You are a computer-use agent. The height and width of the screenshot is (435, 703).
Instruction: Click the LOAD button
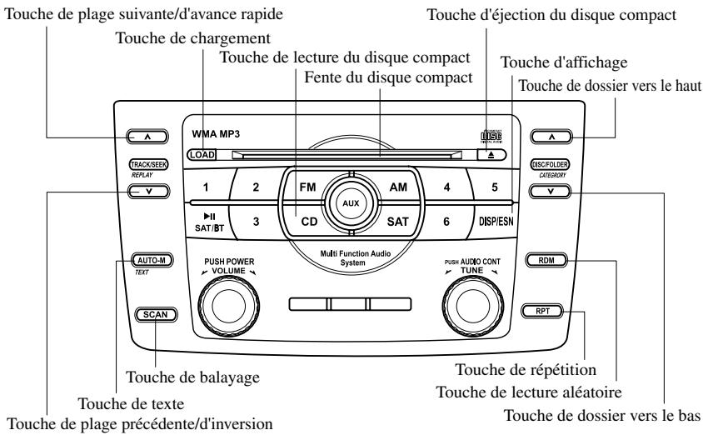[x=201, y=154]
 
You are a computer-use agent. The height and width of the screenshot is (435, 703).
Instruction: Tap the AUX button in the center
[x=351, y=202]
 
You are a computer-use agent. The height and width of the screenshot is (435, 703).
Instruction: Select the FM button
[x=305, y=187]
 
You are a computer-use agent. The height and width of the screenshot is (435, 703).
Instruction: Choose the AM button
[x=398, y=187]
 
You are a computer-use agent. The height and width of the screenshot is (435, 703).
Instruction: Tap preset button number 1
[x=204, y=187]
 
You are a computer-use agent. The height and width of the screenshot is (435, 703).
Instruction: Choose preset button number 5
[x=494, y=187]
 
